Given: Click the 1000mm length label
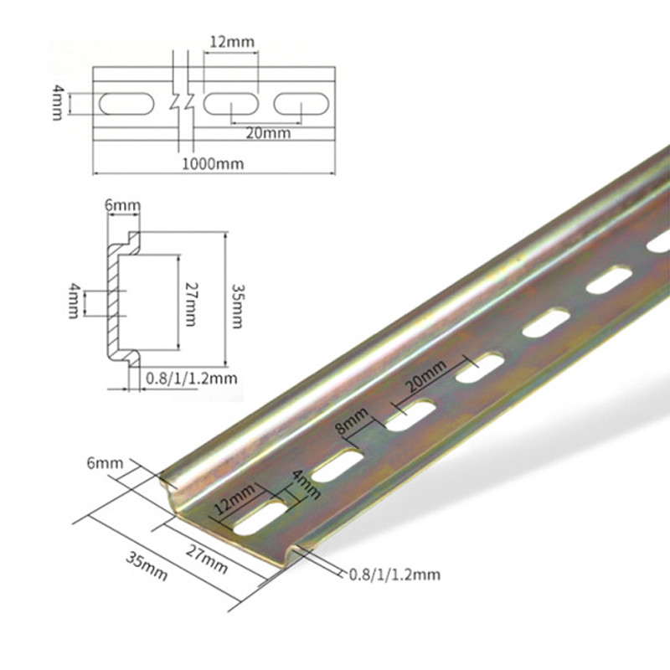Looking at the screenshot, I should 214,163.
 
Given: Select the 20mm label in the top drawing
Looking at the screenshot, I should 268,133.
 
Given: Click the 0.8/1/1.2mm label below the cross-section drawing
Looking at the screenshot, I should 191,379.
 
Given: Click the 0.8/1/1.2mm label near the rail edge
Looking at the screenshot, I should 394,574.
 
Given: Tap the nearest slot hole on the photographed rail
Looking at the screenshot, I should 258,518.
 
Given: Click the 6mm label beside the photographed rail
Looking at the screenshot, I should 105,462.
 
